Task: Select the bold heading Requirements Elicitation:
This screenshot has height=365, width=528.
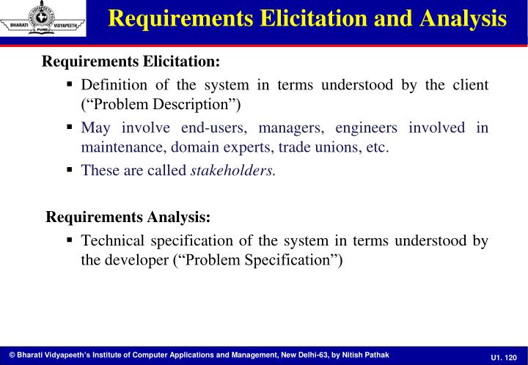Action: [131, 62]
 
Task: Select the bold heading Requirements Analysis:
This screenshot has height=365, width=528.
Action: [128, 218]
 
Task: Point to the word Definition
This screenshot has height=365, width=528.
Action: [114, 84]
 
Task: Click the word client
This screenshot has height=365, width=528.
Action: [469, 84]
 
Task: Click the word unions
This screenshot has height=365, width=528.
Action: [334, 147]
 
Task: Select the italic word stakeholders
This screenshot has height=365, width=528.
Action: [233, 170]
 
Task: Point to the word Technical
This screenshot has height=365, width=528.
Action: [114, 240]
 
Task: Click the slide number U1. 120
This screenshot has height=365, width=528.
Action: [504, 355]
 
